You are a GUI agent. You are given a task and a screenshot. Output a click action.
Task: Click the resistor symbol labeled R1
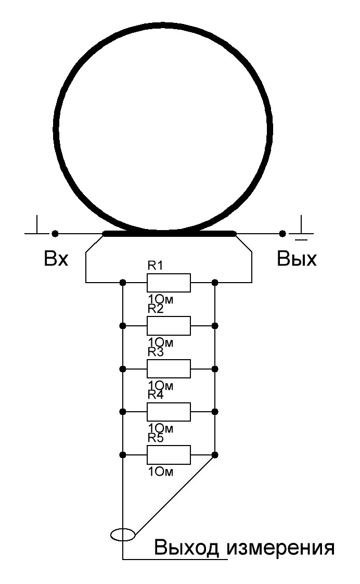click(169, 283)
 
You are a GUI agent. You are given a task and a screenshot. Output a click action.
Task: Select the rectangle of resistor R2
click(169, 326)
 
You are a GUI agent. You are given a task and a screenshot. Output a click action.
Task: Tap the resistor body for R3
click(169, 369)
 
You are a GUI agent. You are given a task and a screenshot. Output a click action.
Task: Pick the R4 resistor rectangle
click(169, 412)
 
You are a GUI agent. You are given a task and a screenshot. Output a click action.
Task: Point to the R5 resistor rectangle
click(169, 455)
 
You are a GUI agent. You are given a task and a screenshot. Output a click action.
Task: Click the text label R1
click(156, 265)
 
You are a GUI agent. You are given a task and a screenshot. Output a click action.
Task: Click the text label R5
click(156, 438)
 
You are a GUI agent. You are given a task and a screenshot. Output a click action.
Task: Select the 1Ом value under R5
click(161, 472)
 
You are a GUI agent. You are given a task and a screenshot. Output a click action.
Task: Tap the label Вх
click(56, 258)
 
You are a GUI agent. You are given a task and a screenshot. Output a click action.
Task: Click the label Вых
click(297, 258)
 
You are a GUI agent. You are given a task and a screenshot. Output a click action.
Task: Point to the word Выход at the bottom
click(187, 548)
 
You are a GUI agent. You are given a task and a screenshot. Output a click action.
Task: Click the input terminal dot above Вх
click(55, 234)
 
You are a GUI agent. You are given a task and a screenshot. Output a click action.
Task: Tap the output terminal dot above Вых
click(282, 234)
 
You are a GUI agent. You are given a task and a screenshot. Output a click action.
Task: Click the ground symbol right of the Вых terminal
click(302, 228)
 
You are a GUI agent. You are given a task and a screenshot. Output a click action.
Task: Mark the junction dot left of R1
click(122, 283)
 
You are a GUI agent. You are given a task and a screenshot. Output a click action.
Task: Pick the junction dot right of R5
click(214, 455)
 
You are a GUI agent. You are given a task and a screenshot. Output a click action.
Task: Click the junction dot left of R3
click(122, 369)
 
